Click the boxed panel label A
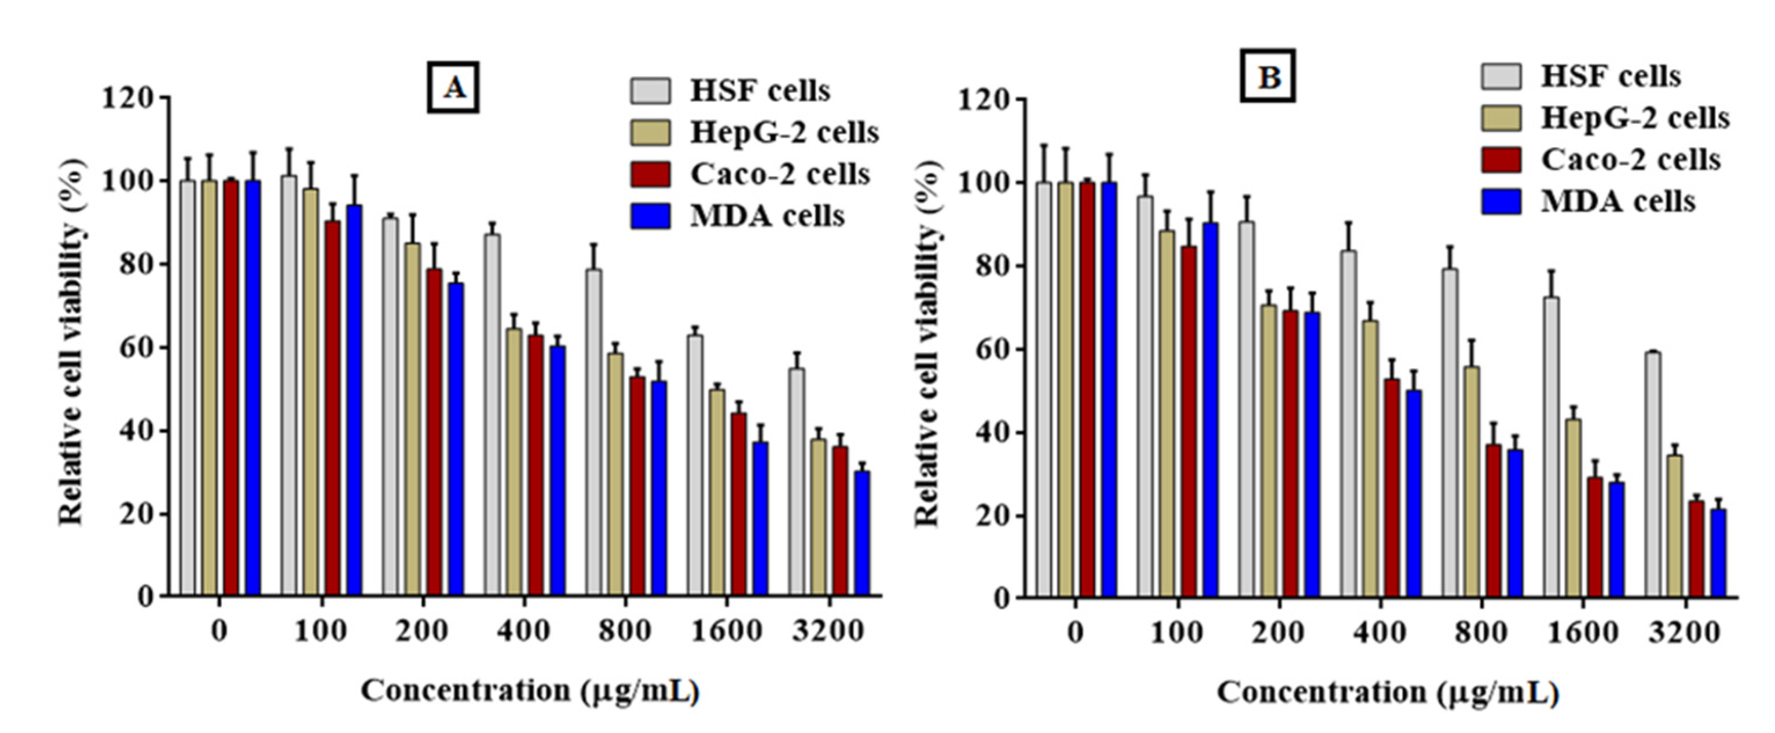pos(453,87)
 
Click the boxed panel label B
pos(1267,76)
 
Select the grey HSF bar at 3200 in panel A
pos(797,482)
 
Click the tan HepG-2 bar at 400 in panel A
pos(514,461)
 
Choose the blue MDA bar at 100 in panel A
pos(354,400)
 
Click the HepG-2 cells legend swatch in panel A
pos(650,132)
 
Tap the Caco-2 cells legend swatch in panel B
pos(1501,160)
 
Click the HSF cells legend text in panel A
pos(761,91)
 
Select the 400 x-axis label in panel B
pos(1380,632)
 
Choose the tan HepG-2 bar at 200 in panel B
pos(1268,451)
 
